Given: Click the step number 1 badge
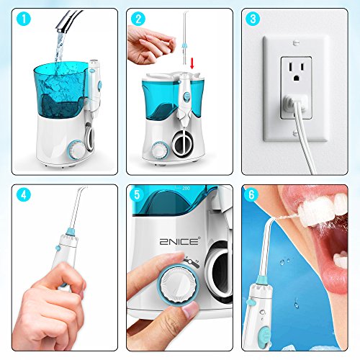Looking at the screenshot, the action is [24, 19].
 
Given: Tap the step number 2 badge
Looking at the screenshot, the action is [138, 19].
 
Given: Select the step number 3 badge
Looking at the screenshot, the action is [253, 19].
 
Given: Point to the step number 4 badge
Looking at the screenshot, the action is [24, 195].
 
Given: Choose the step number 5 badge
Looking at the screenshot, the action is [137, 195].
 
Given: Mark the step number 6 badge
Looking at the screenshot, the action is [251, 195].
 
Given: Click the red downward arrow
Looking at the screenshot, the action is [192, 63].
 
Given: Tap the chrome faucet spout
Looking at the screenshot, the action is [68, 21].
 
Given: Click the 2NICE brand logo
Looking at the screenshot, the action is [179, 240].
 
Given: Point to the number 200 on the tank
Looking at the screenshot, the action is [186, 189].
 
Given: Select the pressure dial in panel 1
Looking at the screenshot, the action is [76, 149].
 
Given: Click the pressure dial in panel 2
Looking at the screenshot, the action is [160, 150].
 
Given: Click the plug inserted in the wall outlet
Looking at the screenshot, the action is [295, 103].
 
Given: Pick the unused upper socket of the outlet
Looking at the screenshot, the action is [296, 71].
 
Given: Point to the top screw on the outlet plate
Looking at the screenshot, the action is [296, 43].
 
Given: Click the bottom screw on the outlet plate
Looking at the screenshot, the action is [296, 132].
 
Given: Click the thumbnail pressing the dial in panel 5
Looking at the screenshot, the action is [190, 311].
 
